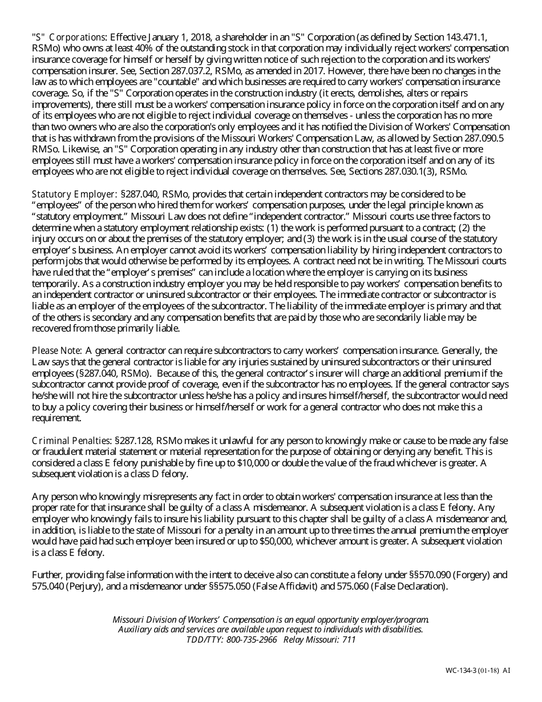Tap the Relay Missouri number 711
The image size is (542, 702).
[349, 640]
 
